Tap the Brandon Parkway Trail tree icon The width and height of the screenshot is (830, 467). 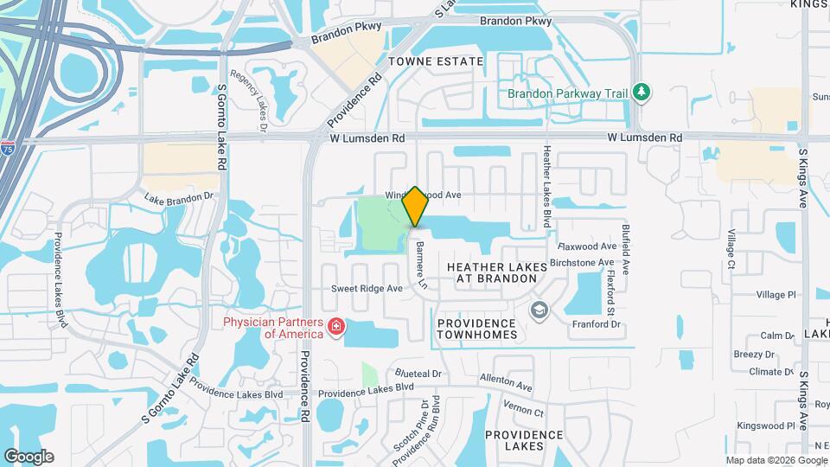[641, 91]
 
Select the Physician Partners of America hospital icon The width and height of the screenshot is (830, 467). [335, 327]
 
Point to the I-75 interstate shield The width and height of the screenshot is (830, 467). [7, 148]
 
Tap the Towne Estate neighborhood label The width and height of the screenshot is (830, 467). [436, 61]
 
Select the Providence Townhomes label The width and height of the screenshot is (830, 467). [477, 328]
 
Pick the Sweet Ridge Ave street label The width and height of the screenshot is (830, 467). [367, 288]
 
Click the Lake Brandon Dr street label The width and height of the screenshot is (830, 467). [178, 197]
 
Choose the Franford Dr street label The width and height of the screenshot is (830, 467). [597, 324]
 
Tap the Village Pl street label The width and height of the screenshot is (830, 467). [776, 295]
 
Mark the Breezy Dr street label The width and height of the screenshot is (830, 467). [753, 354]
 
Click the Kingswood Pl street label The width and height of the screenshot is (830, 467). [765, 426]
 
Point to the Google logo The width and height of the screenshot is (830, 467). [29, 456]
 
